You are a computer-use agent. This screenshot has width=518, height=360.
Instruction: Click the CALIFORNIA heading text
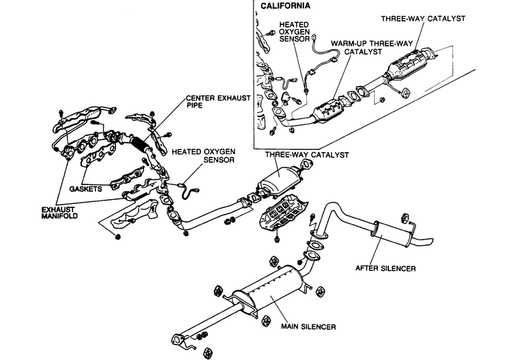[285, 5]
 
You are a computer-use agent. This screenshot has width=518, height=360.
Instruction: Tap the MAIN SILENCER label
[308, 326]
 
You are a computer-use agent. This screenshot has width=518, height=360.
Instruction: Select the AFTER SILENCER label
[385, 268]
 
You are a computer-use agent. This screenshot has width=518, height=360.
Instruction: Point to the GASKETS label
[85, 189]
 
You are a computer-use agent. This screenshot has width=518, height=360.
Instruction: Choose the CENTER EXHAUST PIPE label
[218, 102]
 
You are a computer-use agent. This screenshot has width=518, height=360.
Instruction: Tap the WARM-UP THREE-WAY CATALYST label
[371, 48]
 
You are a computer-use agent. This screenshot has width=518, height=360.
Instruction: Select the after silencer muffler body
[392, 233]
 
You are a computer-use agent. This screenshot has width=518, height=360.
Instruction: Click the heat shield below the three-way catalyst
[283, 213]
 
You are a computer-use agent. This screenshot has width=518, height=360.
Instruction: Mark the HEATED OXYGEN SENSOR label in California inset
[294, 32]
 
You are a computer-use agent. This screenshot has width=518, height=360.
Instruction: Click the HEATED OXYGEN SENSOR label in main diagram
[203, 155]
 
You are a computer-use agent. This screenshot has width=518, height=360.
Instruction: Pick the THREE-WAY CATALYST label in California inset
[423, 19]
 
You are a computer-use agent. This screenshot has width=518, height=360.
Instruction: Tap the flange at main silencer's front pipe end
[178, 340]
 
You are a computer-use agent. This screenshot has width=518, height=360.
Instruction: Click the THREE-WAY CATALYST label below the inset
[307, 155]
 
